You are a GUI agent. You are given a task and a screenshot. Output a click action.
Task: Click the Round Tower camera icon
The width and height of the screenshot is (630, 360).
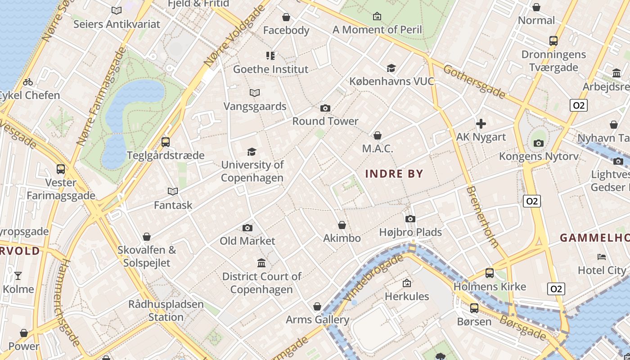[x=325, y=108]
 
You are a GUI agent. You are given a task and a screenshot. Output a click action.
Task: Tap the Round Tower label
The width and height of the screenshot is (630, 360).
[x=325, y=121]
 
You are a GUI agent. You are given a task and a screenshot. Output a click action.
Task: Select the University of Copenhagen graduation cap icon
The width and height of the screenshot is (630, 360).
[x=252, y=152]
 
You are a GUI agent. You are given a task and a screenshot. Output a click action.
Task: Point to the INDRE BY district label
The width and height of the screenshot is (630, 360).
[x=394, y=174]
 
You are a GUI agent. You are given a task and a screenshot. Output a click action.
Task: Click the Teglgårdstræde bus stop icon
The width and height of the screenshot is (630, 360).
[x=166, y=142]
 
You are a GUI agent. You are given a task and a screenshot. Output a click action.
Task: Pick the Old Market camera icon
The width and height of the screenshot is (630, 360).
[x=247, y=228]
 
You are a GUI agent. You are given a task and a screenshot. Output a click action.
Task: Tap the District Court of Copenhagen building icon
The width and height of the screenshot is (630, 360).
[x=261, y=263]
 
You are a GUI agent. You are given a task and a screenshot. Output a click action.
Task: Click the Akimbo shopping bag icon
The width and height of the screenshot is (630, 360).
[x=342, y=225]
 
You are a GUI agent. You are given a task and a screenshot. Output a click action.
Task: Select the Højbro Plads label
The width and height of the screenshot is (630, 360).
[x=410, y=232]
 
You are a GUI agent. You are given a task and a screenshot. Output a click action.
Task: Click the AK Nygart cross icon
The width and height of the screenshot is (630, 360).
[x=481, y=124]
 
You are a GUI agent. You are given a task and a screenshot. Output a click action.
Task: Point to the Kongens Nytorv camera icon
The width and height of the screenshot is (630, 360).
[x=539, y=144]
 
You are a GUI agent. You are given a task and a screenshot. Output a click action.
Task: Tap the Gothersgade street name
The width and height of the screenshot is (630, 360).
[x=474, y=81]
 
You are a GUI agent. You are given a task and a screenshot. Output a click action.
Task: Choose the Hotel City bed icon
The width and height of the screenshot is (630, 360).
[x=602, y=257]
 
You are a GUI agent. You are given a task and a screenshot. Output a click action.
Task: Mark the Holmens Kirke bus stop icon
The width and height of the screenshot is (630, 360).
[x=490, y=273]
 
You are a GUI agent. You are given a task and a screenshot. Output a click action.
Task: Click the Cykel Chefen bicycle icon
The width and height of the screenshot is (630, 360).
[x=28, y=82]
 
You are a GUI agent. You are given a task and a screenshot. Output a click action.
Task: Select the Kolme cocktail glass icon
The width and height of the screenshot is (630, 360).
[x=18, y=276]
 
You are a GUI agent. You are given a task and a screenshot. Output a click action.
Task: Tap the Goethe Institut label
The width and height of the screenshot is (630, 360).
[x=270, y=69]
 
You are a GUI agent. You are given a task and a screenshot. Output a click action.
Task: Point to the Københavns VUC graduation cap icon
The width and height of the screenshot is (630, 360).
[x=391, y=68]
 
